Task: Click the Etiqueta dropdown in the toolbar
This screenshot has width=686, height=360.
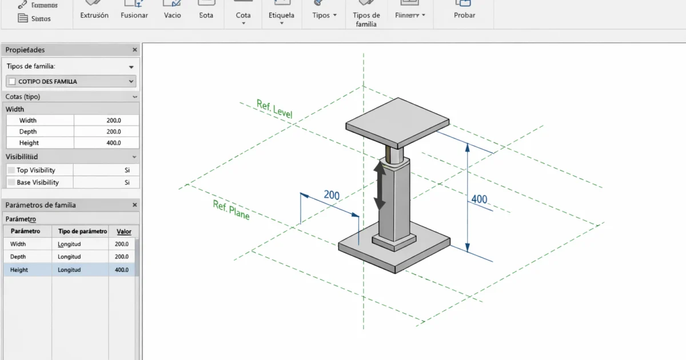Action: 281,15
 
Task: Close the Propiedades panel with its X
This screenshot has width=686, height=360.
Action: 135,50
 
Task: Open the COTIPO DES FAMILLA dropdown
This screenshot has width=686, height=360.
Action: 131,81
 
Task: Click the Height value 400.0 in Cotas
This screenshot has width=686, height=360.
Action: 113,143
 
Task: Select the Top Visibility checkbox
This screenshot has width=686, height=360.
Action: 11,170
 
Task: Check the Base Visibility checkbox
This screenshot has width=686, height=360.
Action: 11,183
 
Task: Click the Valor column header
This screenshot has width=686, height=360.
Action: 123,231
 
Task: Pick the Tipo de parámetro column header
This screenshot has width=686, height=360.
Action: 82,231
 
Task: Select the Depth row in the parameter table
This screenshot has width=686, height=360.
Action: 18,257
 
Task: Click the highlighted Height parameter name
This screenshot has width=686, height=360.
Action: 19,270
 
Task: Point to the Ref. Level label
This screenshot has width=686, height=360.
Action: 274,110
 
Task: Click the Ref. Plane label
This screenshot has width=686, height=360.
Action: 231,210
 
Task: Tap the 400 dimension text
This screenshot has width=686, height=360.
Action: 479,199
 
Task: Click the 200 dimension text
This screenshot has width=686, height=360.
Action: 332,195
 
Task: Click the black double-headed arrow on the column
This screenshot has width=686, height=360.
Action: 379,184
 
